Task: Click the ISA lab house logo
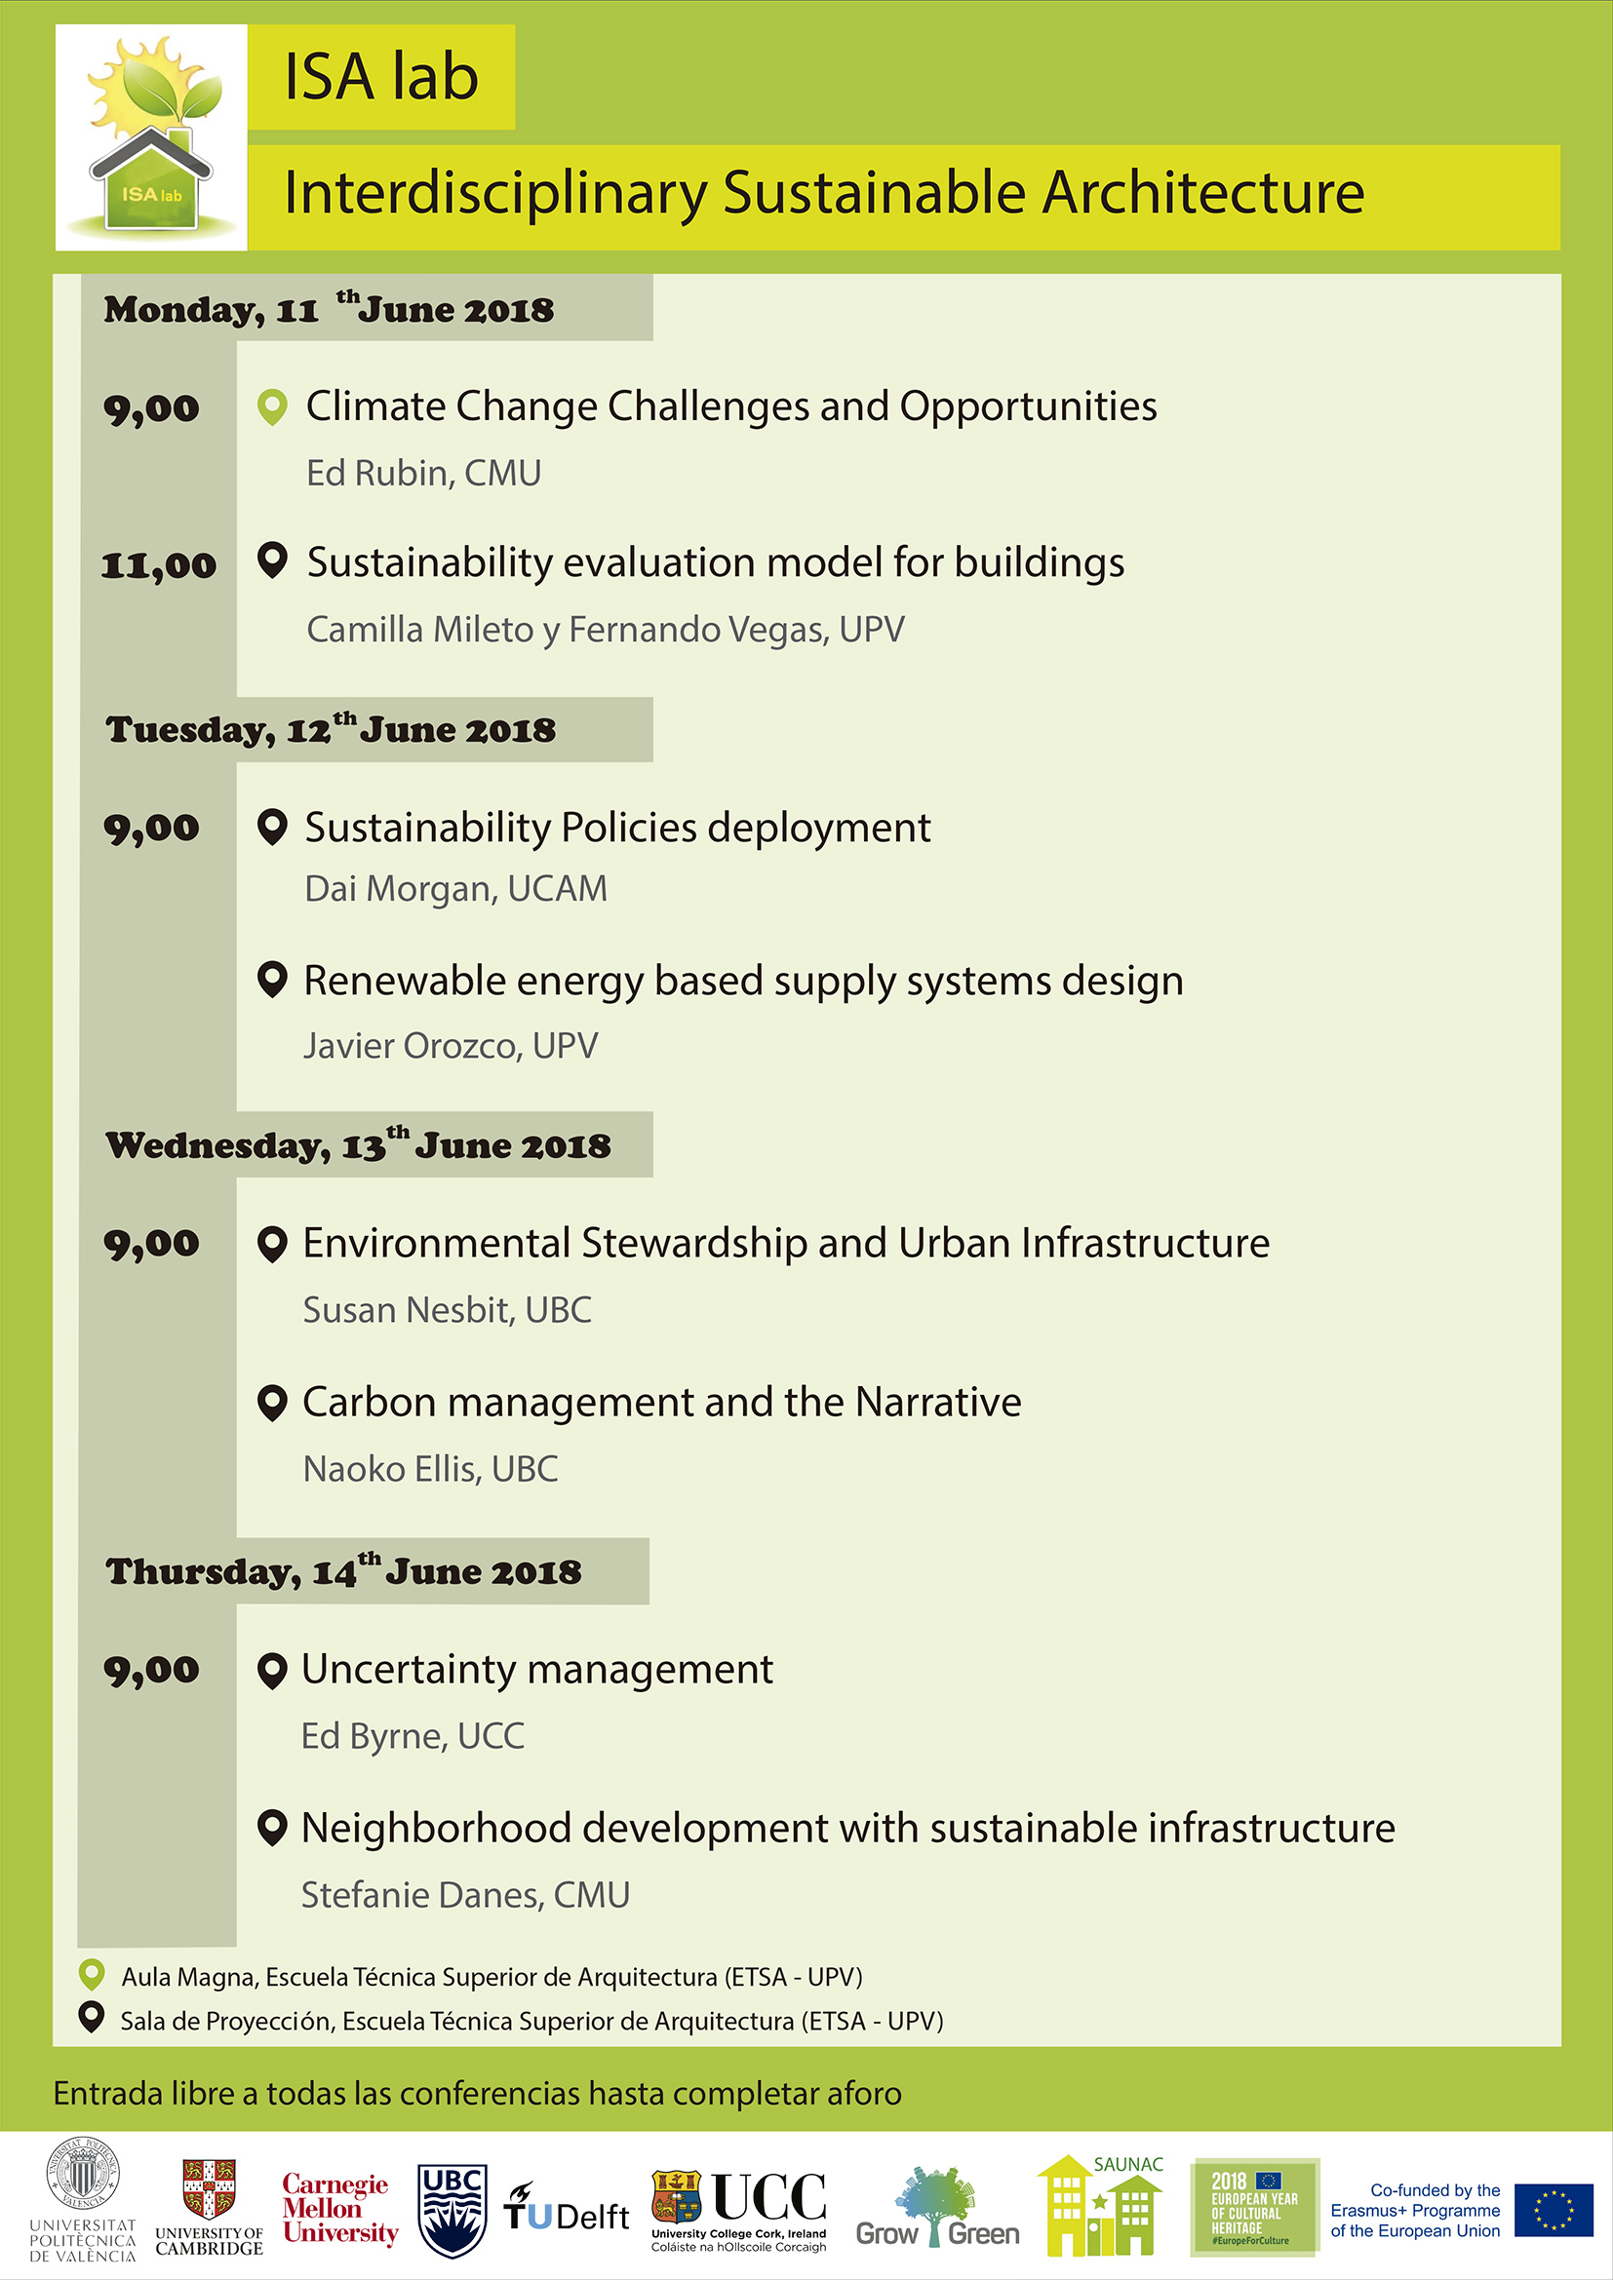(151, 137)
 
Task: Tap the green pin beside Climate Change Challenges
(272, 406)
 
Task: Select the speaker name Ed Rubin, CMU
(423, 474)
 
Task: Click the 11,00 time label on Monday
(159, 566)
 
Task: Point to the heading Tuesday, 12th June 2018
(331, 729)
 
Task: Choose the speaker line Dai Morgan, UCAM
(455, 889)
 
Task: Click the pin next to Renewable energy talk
(272, 979)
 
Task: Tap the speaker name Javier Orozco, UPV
(451, 1046)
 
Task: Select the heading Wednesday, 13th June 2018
(359, 1145)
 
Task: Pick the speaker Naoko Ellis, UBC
(431, 1469)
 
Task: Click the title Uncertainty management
(537, 1669)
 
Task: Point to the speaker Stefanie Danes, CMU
(466, 1895)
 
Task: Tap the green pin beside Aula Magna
(92, 1975)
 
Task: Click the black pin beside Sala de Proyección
(92, 2018)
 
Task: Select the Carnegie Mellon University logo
(339, 2209)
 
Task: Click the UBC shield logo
(452, 2210)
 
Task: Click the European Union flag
(1554, 2210)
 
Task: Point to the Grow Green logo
(937, 2209)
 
